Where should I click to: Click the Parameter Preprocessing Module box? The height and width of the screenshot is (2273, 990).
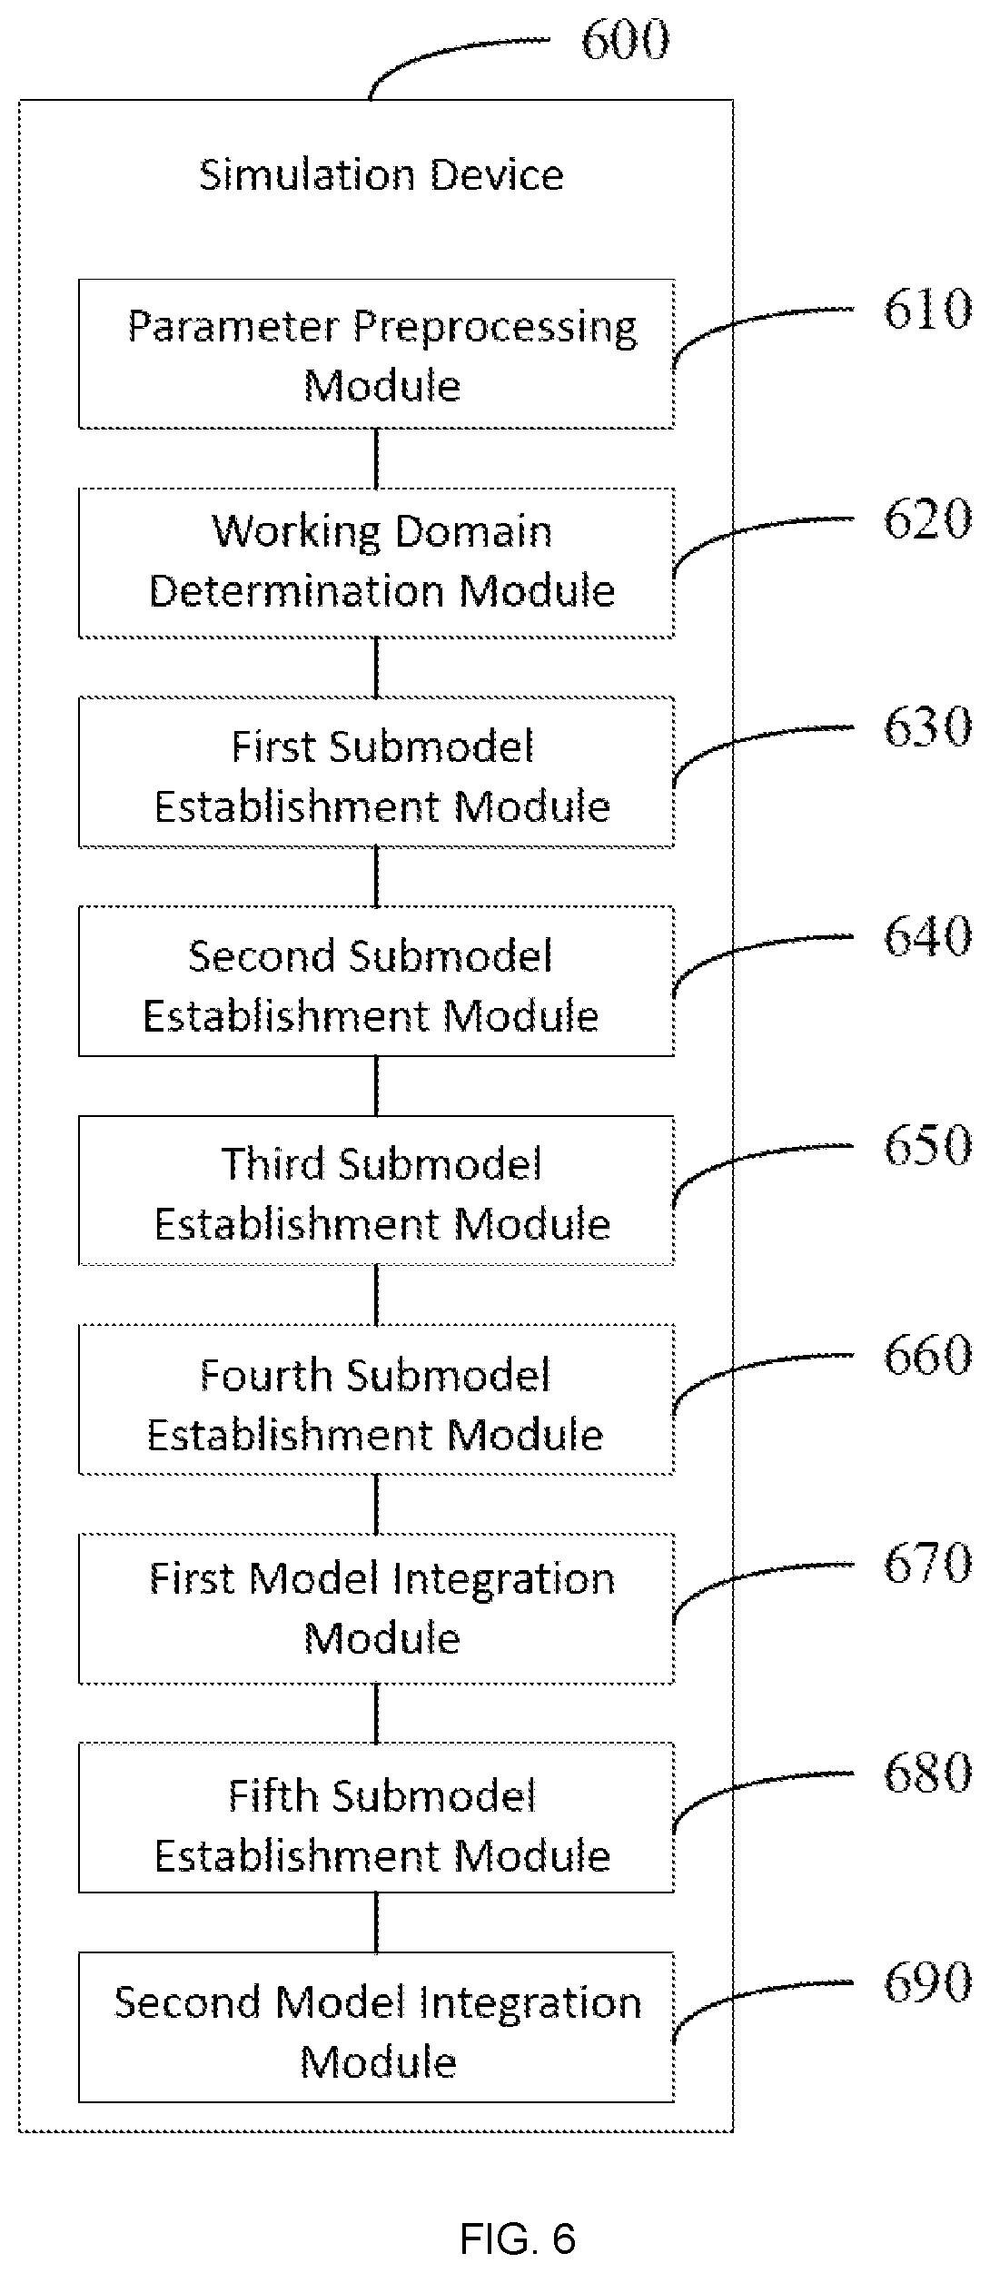pyautogui.click(x=376, y=353)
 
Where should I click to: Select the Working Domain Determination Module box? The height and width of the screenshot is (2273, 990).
pyautogui.click(x=376, y=563)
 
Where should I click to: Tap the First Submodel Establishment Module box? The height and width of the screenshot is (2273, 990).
pyautogui.click(x=376, y=772)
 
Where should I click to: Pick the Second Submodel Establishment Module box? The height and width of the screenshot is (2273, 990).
pyautogui.click(x=376, y=981)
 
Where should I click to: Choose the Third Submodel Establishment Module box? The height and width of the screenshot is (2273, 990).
pyautogui.click(x=376, y=1191)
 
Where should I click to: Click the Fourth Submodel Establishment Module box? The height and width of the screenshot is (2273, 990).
pyautogui.click(x=376, y=1399)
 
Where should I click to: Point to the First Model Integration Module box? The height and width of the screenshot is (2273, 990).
pyautogui.click(x=376, y=1608)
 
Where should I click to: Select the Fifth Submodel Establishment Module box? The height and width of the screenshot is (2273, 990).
pyautogui.click(x=376, y=1817)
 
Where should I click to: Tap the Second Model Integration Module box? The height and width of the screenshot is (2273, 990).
pyautogui.click(x=376, y=2027)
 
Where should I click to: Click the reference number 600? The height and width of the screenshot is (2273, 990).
pyautogui.click(x=625, y=40)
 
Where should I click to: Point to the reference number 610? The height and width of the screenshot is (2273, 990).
pyautogui.click(x=927, y=309)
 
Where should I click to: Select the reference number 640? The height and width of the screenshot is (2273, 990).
pyautogui.click(x=927, y=936)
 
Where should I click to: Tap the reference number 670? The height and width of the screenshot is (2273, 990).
pyautogui.click(x=927, y=1564)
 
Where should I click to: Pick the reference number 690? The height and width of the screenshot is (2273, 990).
pyautogui.click(x=927, y=1982)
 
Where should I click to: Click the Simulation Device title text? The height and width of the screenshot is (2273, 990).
pyautogui.click(x=381, y=174)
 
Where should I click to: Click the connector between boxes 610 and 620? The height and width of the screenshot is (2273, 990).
pyautogui.click(x=376, y=459)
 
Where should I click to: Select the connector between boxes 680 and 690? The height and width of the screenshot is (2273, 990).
pyautogui.click(x=376, y=1922)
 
